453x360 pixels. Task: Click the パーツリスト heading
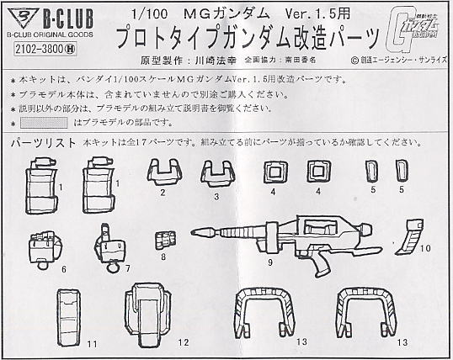click(37, 142)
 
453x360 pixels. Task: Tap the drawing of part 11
click(68, 316)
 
